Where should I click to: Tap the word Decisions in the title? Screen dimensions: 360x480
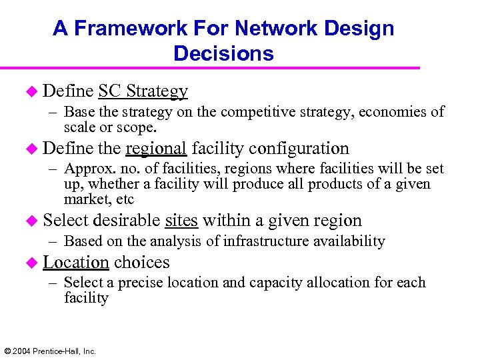(x=223, y=53)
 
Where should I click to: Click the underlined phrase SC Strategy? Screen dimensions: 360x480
(x=143, y=91)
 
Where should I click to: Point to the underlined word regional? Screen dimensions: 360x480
(x=155, y=148)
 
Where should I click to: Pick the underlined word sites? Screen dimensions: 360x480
(x=181, y=220)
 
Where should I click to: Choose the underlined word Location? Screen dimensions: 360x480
(x=75, y=262)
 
